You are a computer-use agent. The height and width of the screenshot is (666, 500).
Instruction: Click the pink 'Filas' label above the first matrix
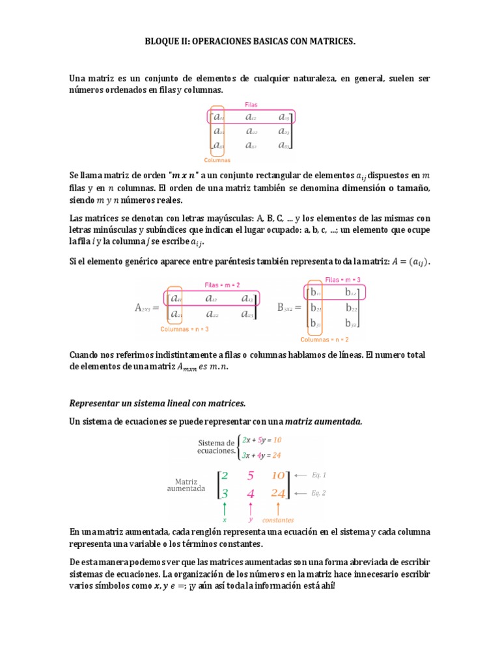pyautogui.click(x=251, y=104)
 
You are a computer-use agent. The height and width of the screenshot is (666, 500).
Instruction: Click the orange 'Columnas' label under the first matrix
pyautogui.click(x=217, y=159)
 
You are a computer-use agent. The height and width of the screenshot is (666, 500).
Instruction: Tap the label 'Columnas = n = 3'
pyautogui.click(x=184, y=329)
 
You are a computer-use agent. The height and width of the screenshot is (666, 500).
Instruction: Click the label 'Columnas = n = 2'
pyautogui.click(x=324, y=339)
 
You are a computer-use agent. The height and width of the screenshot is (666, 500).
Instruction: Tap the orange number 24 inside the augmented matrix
pyautogui.click(x=279, y=493)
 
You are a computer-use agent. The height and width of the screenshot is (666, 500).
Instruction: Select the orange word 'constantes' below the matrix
pyautogui.click(x=278, y=520)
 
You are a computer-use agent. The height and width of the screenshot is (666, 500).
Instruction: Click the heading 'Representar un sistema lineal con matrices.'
pyautogui.click(x=158, y=404)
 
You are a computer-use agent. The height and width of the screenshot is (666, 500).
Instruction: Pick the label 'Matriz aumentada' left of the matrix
pyautogui.click(x=185, y=484)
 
